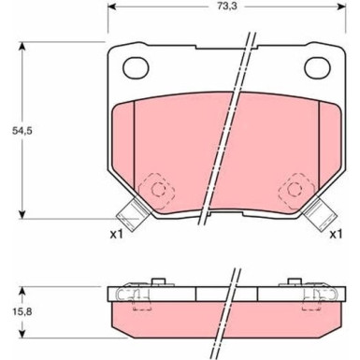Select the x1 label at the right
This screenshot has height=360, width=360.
pyautogui.click(x=335, y=233)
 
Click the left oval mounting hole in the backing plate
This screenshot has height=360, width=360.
pyautogui.click(x=137, y=67)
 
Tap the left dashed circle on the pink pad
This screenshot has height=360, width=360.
pyautogui.click(x=158, y=190)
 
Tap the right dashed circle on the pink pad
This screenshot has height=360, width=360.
pyautogui.click(x=297, y=190)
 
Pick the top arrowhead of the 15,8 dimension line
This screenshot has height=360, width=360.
pyautogui.click(x=22, y=284)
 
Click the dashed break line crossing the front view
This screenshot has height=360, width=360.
pyautogui.click(x=230, y=131)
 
